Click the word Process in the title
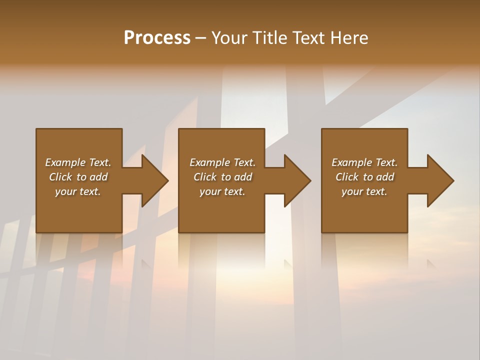coord(157,38)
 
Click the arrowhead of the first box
coord(154,180)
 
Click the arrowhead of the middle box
coord(297,180)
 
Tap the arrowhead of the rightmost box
coord(440,180)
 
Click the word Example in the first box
coord(65,162)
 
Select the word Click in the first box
coord(60,177)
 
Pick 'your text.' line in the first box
coord(78,191)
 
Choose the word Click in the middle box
coord(205,177)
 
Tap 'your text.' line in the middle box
coord(222,191)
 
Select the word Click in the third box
coord(347,177)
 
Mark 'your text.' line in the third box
coord(364,191)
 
